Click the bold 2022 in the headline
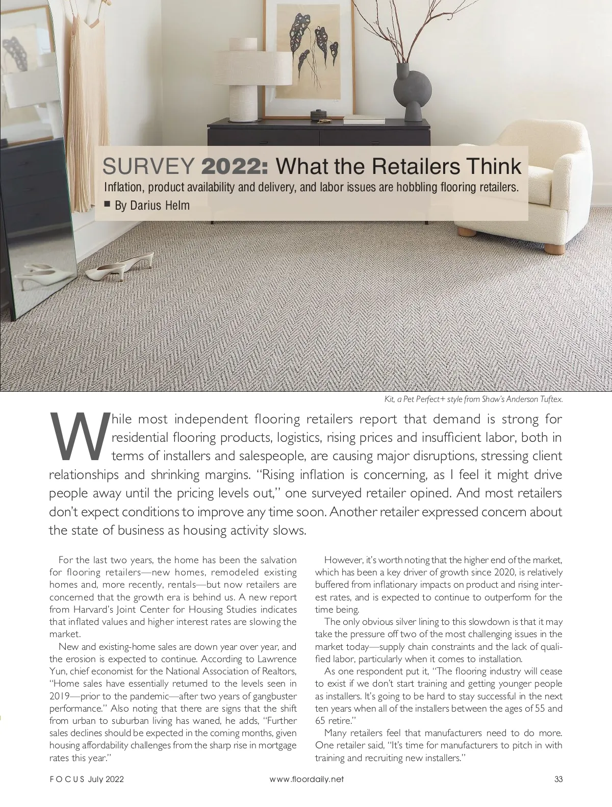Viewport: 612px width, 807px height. [238, 166]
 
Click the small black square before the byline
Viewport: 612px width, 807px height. [107, 205]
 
